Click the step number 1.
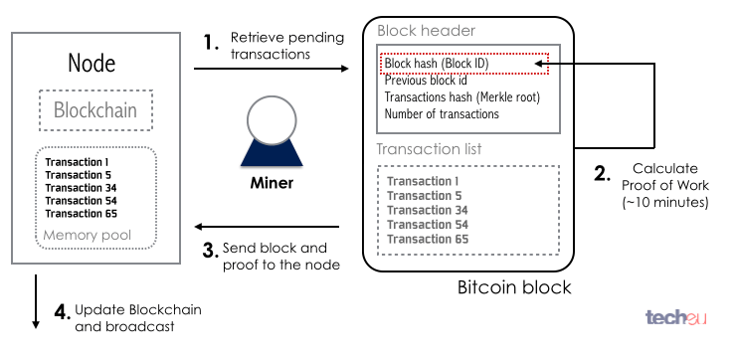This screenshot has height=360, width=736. tap(210, 43)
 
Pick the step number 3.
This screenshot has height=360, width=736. tap(210, 250)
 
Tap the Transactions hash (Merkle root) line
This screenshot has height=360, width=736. tap(461, 97)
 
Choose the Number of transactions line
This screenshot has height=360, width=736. tap(442, 114)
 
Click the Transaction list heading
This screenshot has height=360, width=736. tap(429, 149)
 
